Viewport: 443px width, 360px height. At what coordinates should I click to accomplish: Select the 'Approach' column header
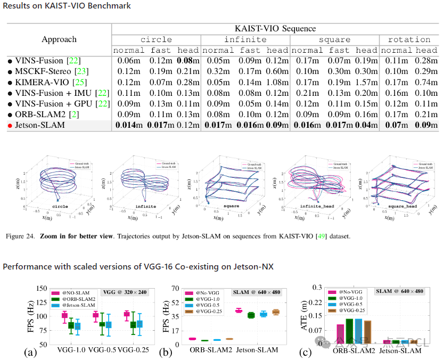pyautogui.click(x=59, y=39)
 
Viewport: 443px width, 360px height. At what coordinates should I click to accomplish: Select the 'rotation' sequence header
pyautogui.click(x=409, y=39)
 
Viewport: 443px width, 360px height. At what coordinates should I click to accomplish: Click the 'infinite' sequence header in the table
pyautogui.click(x=245, y=39)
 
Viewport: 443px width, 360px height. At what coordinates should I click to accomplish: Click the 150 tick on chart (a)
pyautogui.click(x=39, y=289)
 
